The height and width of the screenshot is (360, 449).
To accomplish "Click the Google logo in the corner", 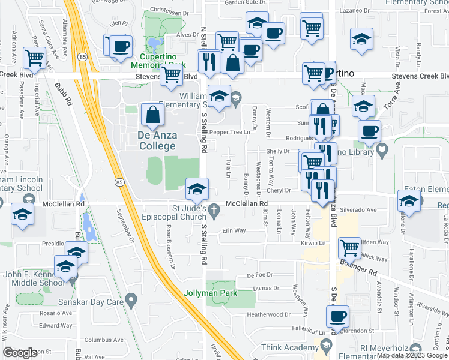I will (x=21, y=352).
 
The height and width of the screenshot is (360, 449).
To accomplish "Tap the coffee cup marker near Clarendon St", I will (x=339, y=316).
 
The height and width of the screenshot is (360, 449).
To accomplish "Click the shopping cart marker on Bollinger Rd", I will (x=349, y=247).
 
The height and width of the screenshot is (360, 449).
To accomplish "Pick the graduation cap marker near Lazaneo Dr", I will (x=362, y=40).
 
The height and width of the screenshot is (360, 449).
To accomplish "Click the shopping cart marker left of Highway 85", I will (x=35, y=58).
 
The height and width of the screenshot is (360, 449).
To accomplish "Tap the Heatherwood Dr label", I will (x=268, y=314).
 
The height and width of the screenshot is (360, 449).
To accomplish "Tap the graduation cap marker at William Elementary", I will (x=219, y=96).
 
